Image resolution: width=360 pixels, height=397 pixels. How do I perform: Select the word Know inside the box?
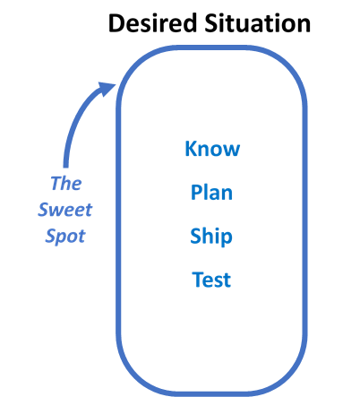pos(212,149)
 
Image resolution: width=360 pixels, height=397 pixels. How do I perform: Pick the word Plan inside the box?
pos(212,193)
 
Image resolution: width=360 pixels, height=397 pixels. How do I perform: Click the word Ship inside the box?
pos(211,237)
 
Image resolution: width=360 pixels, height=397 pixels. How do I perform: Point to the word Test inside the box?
pos(211,280)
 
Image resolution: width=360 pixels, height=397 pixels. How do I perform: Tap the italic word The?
pos(65,184)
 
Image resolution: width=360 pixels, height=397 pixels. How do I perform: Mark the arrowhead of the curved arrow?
pos(111,86)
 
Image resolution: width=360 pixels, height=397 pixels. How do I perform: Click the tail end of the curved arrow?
pos(66,167)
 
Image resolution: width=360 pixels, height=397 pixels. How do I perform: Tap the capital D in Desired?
pos(116,22)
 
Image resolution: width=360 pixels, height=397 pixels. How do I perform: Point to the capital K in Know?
pos(191,149)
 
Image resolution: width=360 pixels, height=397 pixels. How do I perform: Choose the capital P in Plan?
pos(196,193)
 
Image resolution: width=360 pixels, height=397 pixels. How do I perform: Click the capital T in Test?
pos(198,280)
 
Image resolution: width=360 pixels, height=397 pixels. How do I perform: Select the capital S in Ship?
pos(196,237)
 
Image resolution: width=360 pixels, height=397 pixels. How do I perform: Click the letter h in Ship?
pos(210,237)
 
